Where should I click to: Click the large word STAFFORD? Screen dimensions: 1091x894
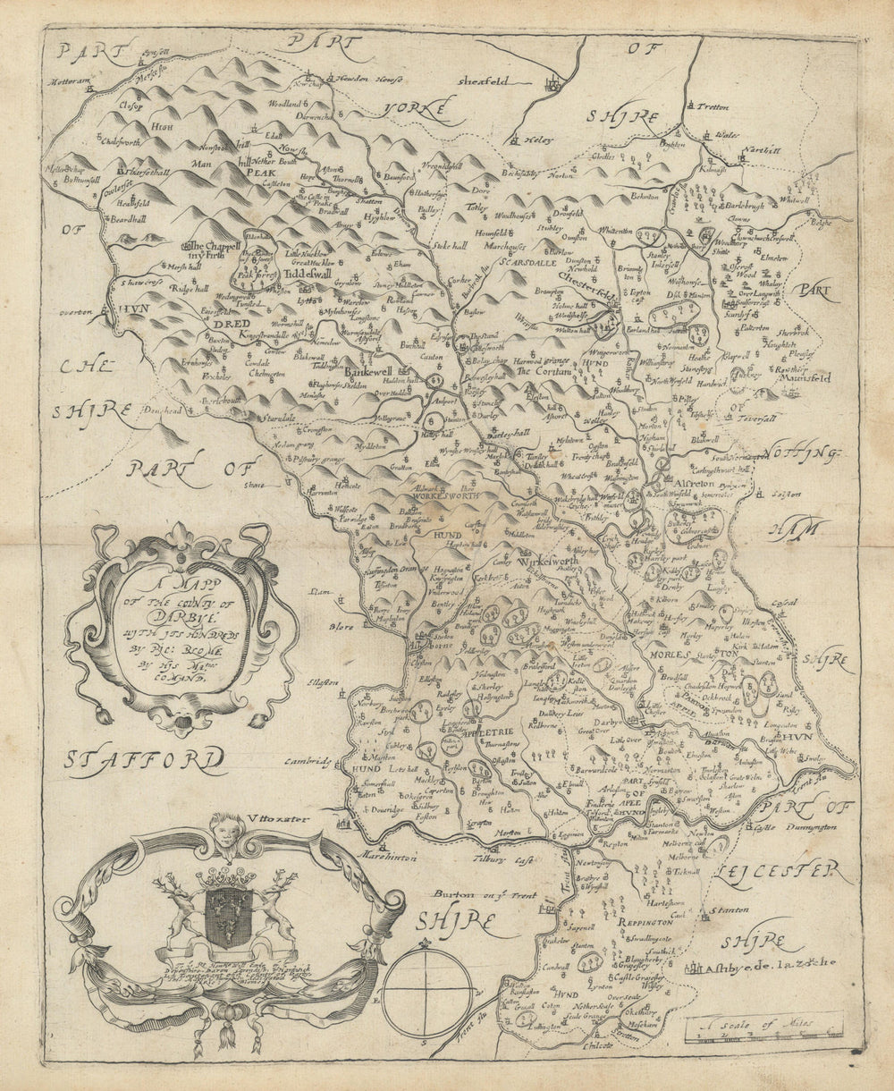(145, 760)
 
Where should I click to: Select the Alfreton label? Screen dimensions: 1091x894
(688, 481)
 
